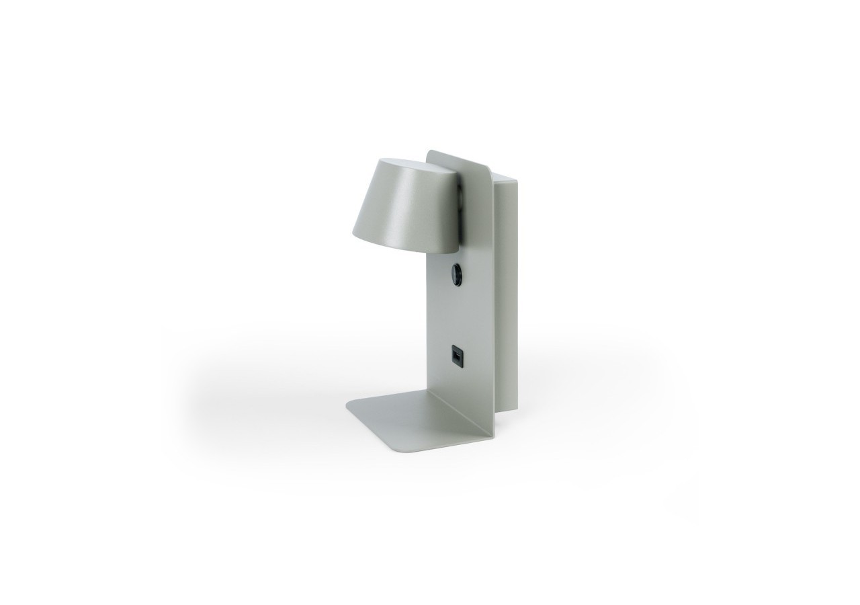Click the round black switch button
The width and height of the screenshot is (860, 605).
[x=456, y=274]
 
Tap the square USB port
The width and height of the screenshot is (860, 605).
[x=456, y=354]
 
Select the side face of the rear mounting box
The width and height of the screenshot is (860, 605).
[x=508, y=296]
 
